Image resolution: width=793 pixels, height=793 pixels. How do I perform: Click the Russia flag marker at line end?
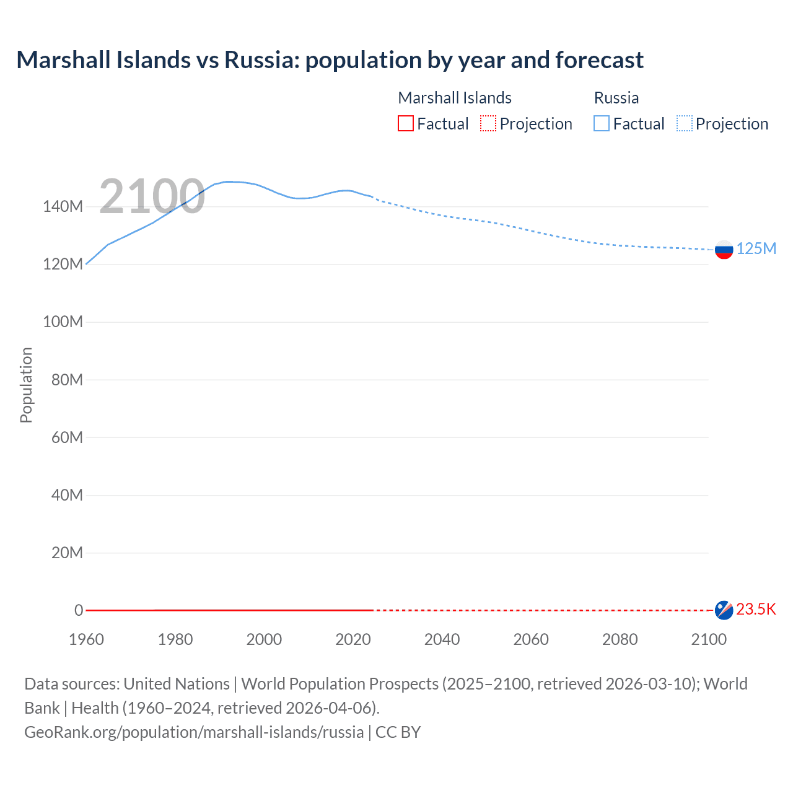(724, 250)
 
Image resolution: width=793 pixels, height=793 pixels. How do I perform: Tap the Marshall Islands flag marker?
(724, 610)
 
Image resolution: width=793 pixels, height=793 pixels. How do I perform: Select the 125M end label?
(756, 248)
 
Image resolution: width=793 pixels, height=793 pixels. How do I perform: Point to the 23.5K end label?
(756, 609)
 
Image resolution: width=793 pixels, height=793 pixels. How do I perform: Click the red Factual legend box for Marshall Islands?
(406, 123)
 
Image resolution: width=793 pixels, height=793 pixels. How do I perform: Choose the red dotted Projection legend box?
(488, 123)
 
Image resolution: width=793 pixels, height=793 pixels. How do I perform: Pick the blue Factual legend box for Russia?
(602, 123)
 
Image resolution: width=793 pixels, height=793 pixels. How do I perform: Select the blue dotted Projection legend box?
(685, 123)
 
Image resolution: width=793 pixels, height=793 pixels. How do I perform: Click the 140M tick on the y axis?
(63, 206)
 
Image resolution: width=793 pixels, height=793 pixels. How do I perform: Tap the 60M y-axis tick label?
(67, 437)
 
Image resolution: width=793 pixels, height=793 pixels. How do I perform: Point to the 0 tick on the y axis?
(79, 610)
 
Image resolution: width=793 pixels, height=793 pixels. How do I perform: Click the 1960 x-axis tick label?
(86, 639)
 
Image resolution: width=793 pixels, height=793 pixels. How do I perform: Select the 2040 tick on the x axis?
(442, 639)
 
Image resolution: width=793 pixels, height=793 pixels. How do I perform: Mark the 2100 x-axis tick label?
(709, 639)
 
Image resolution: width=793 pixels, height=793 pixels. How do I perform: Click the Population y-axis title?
(26, 385)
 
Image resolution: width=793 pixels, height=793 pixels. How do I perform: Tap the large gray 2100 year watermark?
(152, 196)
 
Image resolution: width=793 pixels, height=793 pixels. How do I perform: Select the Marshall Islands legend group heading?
(455, 98)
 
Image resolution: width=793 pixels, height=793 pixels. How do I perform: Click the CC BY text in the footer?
(398, 732)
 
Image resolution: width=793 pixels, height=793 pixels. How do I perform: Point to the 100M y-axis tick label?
(63, 322)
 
